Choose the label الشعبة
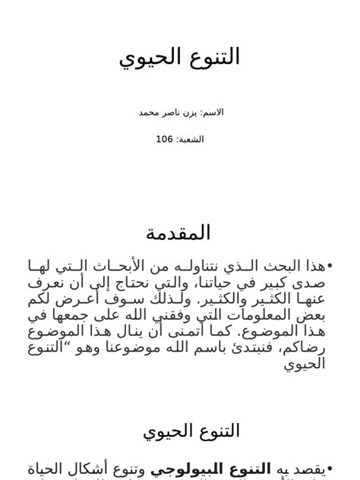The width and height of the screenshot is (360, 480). pos(191,139)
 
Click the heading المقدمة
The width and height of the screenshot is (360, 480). pos(179,232)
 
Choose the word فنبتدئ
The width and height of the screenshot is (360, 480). pos(259,347)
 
